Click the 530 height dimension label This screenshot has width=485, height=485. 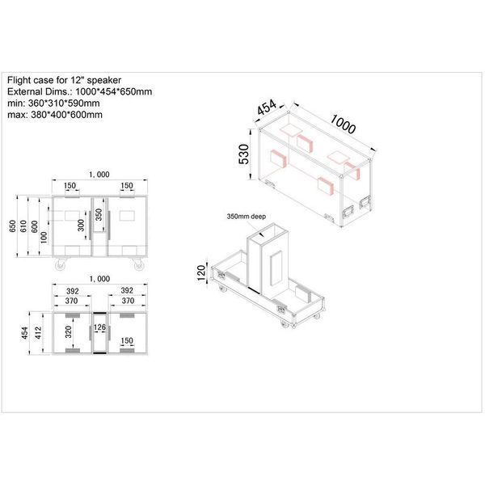click(x=244, y=154)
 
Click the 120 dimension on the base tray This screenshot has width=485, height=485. click(x=201, y=272)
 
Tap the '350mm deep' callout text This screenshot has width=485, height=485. click(x=247, y=217)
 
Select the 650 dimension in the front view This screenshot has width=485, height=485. click(x=12, y=226)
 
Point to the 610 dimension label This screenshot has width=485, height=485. click(x=23, y=226)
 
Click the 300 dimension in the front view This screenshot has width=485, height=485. click(x=81, y=226)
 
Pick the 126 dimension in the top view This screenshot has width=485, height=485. click(x=99, y=327)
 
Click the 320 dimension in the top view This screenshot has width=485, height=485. click(x=69, y=332)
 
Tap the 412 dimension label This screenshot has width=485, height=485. click(x=38, y=333)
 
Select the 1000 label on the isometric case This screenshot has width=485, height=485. click(x=343, y=124)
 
